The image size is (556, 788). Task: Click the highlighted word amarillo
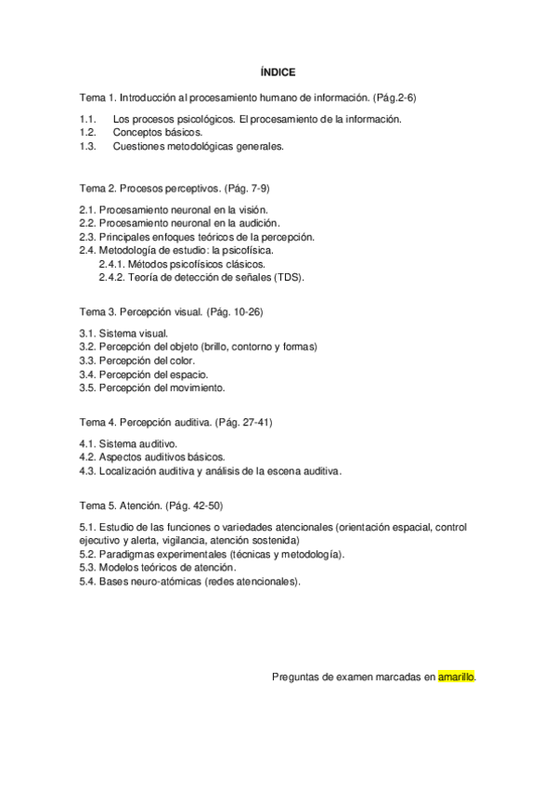click(457, 677)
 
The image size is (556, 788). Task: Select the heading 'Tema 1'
click(97, 97)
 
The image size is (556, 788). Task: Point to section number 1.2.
click(88, 132)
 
